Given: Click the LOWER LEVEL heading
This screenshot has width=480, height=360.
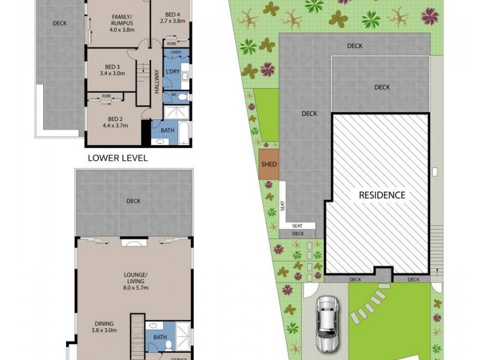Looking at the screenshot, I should [x=118, y=158].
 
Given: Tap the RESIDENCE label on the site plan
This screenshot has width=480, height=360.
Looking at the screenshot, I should [x=382, y=195].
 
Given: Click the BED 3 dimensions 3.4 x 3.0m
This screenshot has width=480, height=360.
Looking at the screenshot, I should [x=112, y=74].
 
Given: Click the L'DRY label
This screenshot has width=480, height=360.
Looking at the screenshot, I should [x=173, y=72].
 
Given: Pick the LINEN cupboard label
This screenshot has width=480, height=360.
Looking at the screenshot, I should [x=175, y=53].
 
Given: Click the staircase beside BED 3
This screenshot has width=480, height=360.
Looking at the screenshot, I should [x=143, y=77].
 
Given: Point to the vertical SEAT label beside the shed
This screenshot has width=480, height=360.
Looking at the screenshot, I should [x=283, y=208].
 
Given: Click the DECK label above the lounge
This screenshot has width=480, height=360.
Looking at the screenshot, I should [x=133, y=201].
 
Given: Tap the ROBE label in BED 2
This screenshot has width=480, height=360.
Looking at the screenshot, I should [x=106, y=95].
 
